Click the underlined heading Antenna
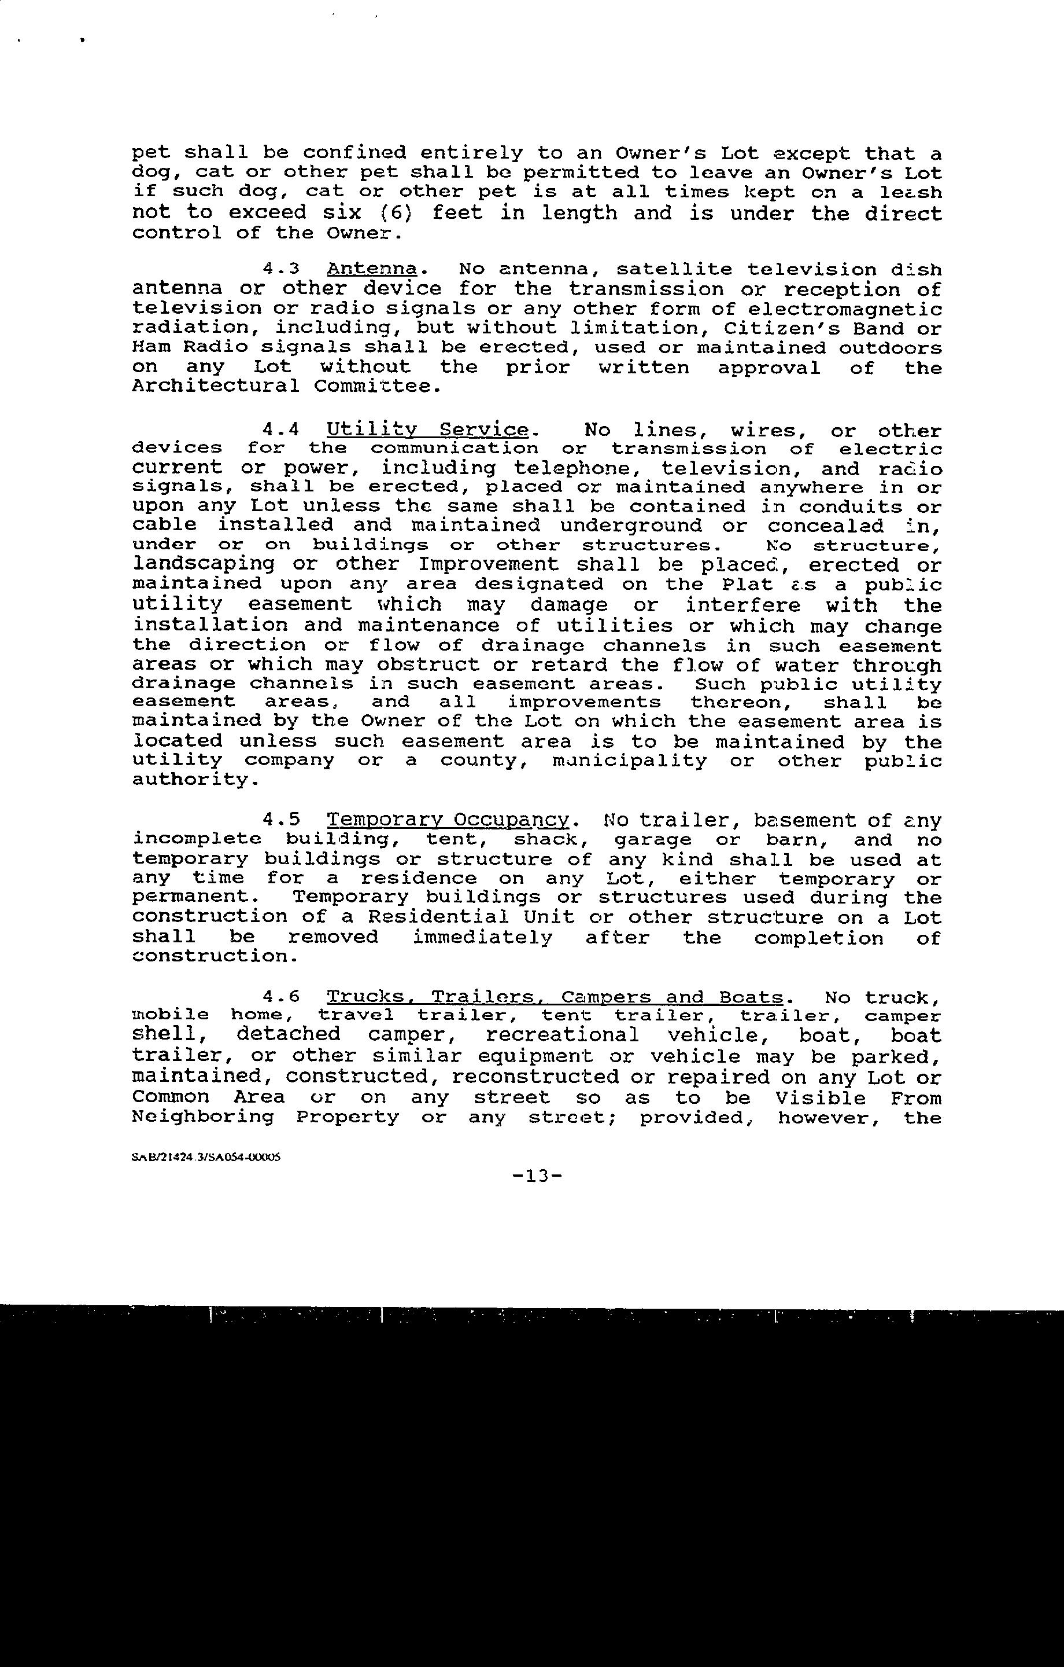[372, 269]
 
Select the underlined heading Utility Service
[427, 430]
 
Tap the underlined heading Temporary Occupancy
[448, 820]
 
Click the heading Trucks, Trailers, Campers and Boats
[555, 997]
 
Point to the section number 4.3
[281, 269]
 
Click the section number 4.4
[281, 430]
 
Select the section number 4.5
[281, 820]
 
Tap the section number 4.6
[281, 997]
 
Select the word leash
[910, 192]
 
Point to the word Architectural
[215, 386]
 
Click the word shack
[549, 840]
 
